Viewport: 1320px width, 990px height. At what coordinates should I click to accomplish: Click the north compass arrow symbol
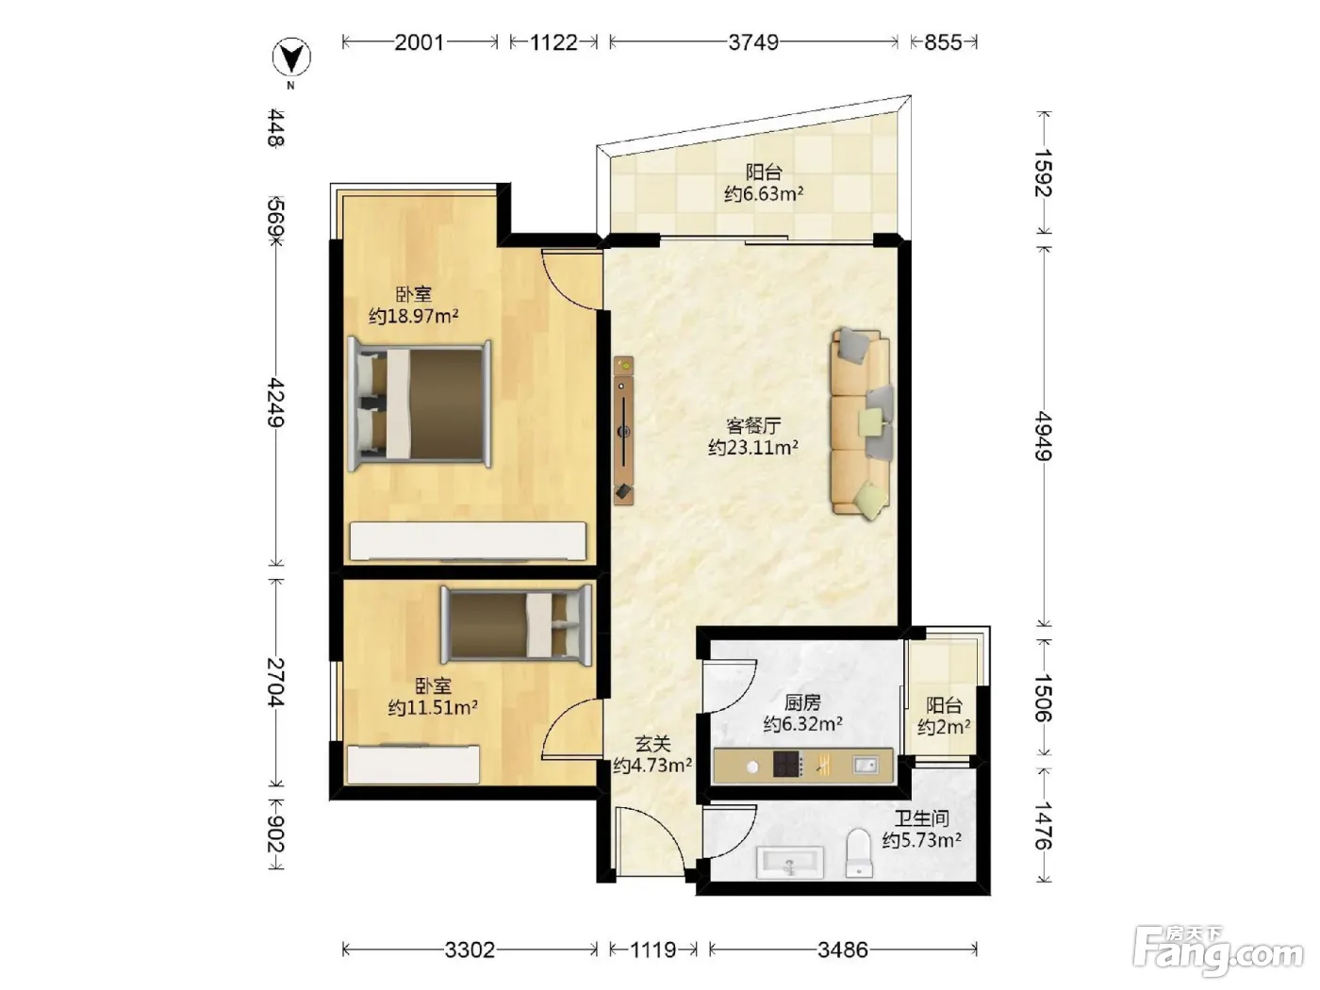point(291,58)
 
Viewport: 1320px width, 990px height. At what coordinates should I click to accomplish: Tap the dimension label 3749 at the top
point(753,42)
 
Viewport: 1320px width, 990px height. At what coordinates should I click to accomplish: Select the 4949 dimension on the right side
point(1044,436)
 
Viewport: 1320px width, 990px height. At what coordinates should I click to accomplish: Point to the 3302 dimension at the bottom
point(470,949)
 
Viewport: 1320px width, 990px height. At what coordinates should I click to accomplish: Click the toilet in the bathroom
point(859,853)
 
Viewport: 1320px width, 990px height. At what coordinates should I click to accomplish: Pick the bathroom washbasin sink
point(790,863)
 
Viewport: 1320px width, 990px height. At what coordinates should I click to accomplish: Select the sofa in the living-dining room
point(861,423)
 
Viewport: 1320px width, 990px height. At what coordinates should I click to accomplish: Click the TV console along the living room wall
point(623,430)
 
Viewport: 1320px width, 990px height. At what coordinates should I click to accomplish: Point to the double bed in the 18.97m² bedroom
point(420,405)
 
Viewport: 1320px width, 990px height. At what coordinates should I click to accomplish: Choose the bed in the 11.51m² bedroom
point(516,625)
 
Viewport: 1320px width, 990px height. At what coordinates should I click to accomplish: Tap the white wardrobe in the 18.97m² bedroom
point(468,541)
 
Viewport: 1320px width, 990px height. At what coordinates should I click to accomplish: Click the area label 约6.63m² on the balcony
point(764,194)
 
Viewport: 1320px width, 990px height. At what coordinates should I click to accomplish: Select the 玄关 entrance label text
point(652,744)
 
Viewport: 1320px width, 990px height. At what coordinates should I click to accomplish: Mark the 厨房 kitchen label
point(802,702)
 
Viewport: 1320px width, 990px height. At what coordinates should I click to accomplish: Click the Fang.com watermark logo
point(1218,951)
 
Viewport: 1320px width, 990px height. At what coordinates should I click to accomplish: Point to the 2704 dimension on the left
point(276,683)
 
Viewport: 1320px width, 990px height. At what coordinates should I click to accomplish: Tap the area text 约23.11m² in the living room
point(753,448)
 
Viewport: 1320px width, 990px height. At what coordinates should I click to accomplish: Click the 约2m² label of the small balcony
point(944,727)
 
